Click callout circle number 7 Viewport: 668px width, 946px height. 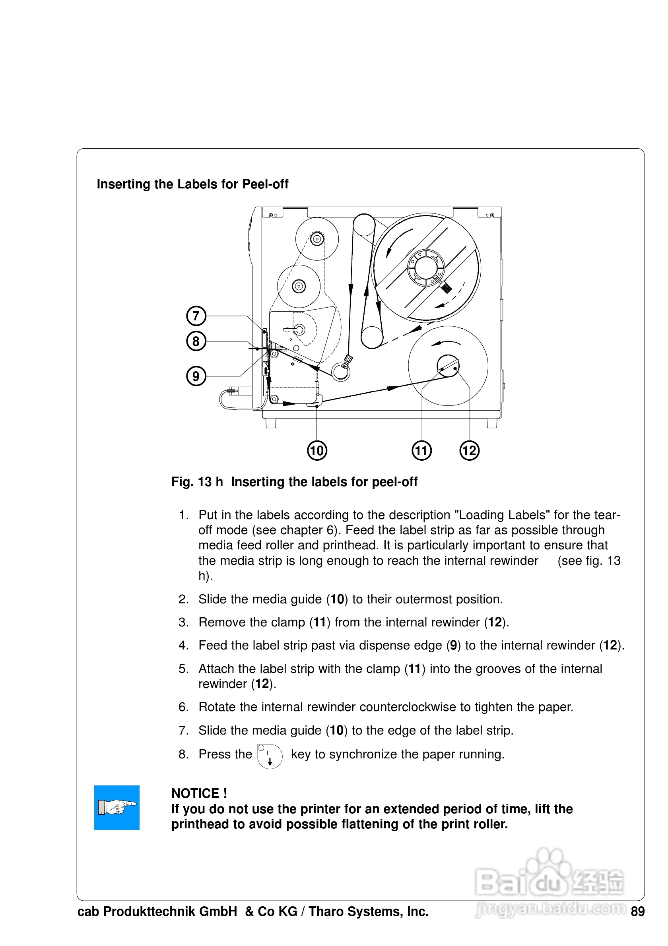click(x=196, y=316)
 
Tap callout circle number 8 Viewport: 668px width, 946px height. click(x=196, y=341)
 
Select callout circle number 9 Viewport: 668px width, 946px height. click(x=196, y=376)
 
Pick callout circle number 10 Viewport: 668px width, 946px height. click(x=317, y=450)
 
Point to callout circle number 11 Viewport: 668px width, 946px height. click(x=421, y=450)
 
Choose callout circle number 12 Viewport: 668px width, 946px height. click(x=469, y=450)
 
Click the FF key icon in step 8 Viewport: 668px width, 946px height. click(x=270, y=756)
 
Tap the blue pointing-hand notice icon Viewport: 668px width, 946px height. click(x=117, y=808)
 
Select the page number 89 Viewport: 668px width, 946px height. click(x=637, y=911)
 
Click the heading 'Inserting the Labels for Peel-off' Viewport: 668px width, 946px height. click(x=192, y=184)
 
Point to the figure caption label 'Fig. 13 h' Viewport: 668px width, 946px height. click(x=197, y=482)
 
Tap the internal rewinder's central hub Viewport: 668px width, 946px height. click(x=448, y=366)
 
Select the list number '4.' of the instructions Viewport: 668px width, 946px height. click(x=183, y=645)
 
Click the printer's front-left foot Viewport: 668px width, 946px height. click(x=271, y=423)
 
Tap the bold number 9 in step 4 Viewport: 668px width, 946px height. click(x=453, y=645)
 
